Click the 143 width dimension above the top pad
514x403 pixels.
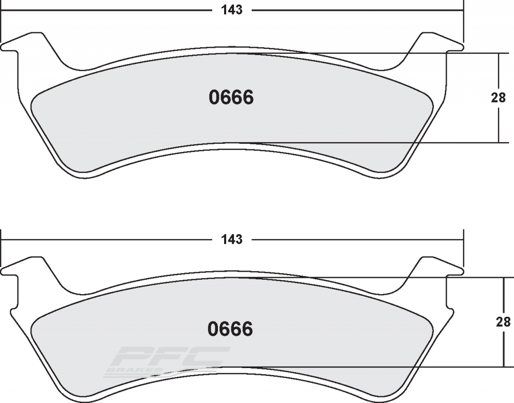(232, 10)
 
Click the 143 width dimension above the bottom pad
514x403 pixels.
(232, 239)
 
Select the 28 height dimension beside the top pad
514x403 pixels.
(498, 98)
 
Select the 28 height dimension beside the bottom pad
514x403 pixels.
(503, 322)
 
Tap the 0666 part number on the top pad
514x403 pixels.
(231, 98)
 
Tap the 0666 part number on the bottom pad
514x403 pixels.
(230, 329)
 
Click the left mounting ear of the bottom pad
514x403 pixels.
(25, 267)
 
